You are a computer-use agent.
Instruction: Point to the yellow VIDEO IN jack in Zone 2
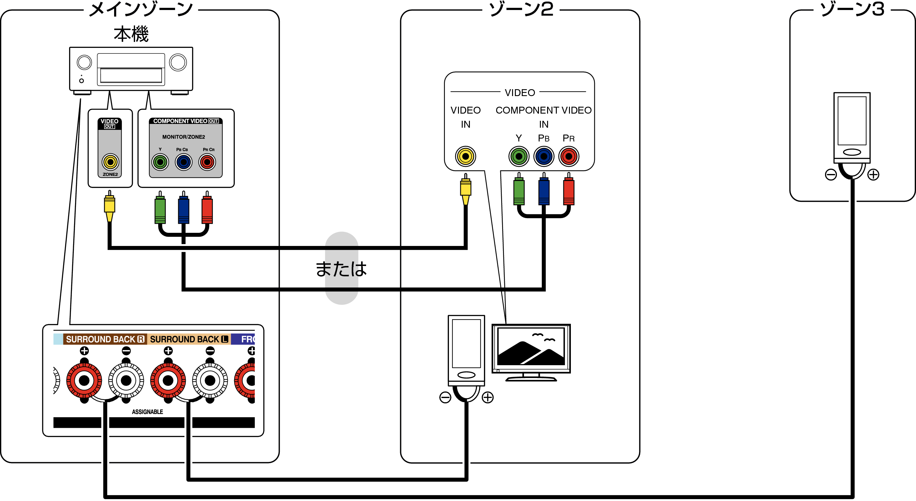coord(466,156)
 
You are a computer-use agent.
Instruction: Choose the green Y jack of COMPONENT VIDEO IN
coord(519,156)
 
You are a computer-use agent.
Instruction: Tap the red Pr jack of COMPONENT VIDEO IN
coord(569,156)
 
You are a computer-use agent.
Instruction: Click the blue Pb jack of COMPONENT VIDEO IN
coord(544,156)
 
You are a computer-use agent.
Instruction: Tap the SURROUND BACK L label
coord(189,339)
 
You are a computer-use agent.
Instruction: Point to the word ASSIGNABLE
coord(148,412)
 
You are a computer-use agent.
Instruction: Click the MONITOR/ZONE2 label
coord(184,137)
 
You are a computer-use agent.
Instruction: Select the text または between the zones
coord(341,268)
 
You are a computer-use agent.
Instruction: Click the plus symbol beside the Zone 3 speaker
coord(873,175)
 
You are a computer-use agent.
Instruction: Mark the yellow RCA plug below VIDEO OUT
coord(109,207)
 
